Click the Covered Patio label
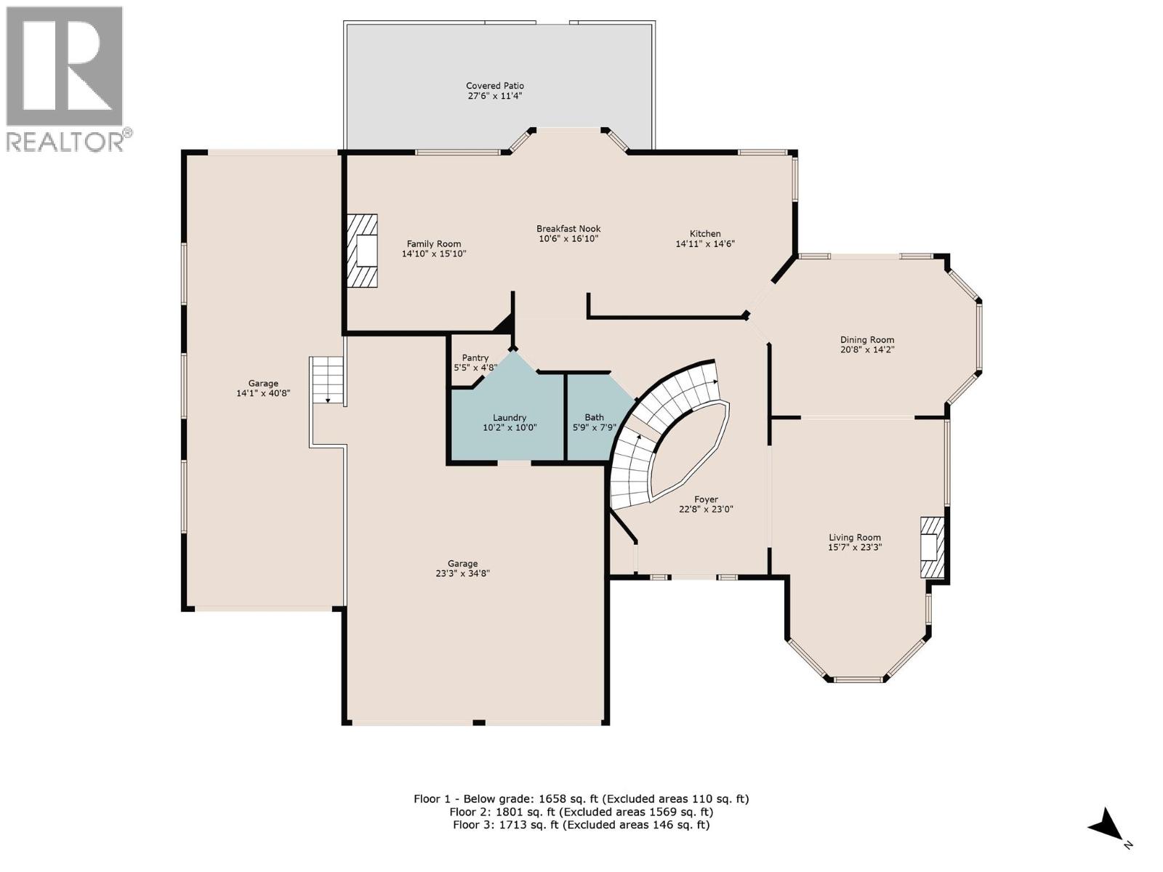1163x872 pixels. [x=494, y=86]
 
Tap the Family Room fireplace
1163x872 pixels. [x=363, y=251]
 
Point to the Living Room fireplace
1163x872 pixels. [x=932, y=547]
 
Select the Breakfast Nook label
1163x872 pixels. [x=568, y=229]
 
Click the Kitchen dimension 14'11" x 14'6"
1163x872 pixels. [x=705, y=244]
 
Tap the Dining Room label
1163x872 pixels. [x=866, y=339]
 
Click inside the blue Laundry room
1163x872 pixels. [x=509, y=436]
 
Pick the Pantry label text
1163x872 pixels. [x=475, y=358]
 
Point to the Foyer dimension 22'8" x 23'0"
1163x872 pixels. [x=705, y=509]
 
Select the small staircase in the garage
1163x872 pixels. [x=326, y=379]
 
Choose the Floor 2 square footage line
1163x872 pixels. [x=581, y=812]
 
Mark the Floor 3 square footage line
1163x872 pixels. [x=581, y=825]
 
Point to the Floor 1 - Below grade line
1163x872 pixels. [x=581, y=799]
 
